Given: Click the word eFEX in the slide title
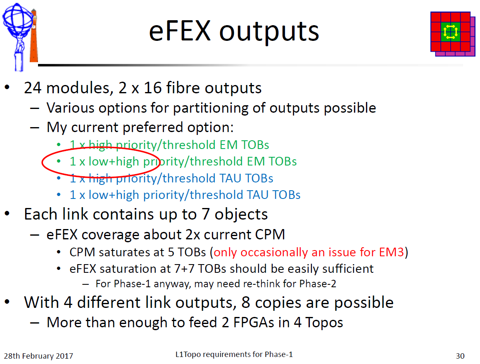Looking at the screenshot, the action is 180,31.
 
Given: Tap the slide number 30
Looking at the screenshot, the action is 460,356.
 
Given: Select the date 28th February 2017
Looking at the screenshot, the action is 38,356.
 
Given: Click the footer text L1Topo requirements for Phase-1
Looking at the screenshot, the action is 234,354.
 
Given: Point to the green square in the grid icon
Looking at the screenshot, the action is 450,32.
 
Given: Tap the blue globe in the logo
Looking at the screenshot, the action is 17,20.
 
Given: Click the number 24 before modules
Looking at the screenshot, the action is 33,88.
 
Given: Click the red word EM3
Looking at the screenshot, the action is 392,252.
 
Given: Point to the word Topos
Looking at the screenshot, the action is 324,323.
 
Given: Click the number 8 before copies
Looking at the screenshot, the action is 245,303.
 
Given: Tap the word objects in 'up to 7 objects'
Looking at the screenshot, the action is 241,215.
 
